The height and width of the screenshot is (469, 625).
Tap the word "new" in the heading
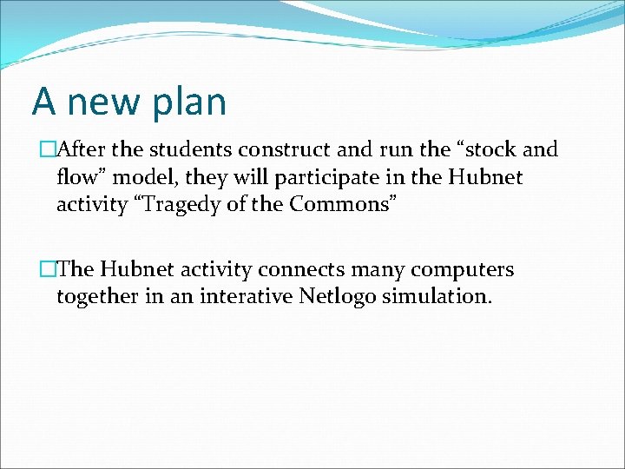pos(102,102)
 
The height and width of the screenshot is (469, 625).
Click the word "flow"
pos(76,178)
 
